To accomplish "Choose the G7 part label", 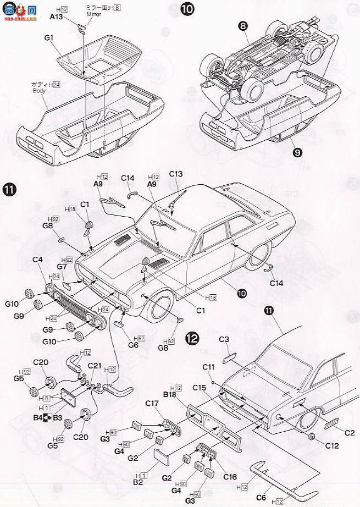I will (x=62, y=267).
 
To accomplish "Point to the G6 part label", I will (x=133, y=345).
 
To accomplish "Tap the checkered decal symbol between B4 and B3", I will (x=48, y=418).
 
